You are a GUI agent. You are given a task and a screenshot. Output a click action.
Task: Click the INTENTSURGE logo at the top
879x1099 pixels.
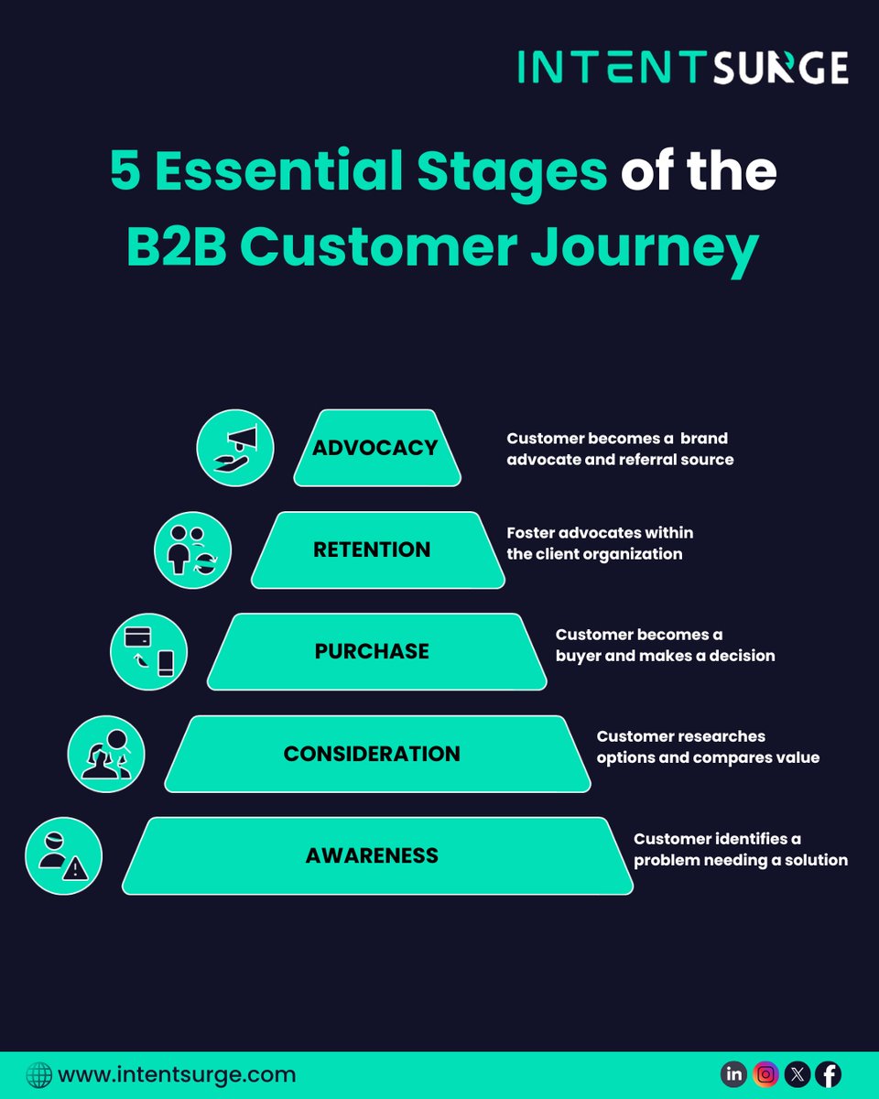[x=682, y=67]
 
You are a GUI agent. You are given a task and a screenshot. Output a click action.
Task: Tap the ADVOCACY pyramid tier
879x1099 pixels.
[x=376, y=448]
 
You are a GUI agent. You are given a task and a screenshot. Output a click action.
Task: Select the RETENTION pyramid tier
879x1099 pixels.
[x=376, y=549]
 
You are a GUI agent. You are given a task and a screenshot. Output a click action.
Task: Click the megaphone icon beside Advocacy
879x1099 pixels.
[x=235, y=448]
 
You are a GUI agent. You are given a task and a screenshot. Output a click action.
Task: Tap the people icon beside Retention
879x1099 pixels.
[x=193, y=549]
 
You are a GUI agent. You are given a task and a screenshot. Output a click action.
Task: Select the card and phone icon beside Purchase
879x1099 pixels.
[x=148, y=651]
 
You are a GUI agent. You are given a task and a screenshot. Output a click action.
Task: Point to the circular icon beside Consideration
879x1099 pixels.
[x=106, y=754]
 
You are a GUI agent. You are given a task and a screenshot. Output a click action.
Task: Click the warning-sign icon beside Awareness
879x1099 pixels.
[x=63, y=855]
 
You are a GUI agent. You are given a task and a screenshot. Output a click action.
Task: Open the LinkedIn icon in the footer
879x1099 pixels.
[x=733, y=1074]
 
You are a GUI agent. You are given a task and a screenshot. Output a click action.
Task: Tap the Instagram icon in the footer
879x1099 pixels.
[x=765, y=1074]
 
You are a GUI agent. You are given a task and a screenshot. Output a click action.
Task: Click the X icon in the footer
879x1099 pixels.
[x=797, y=1074]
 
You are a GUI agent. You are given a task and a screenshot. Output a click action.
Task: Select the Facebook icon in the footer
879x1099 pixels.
[x=828, y=1074]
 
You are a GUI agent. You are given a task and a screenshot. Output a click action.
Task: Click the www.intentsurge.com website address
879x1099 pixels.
[x=177, y=1074]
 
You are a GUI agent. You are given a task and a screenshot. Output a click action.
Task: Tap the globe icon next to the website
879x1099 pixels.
[x=38, y=1074]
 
